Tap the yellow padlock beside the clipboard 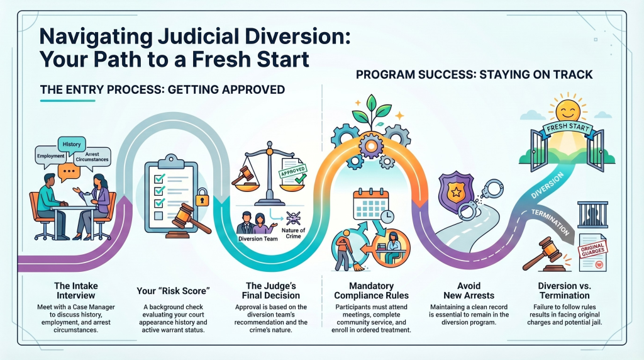coord(202,198)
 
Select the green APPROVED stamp coord(293,171)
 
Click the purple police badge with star coord(456,191)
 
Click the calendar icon coord(371,205)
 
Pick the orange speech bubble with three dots coord(69,171)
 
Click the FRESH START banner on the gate coord(568,128)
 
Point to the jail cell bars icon coord(592,214)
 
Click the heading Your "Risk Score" coord(174,291)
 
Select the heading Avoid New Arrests coord(469,291)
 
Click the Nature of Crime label coord(293,233)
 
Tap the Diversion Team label coord(258,239)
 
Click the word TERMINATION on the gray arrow coord(550,222)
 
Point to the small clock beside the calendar coord(387,217)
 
